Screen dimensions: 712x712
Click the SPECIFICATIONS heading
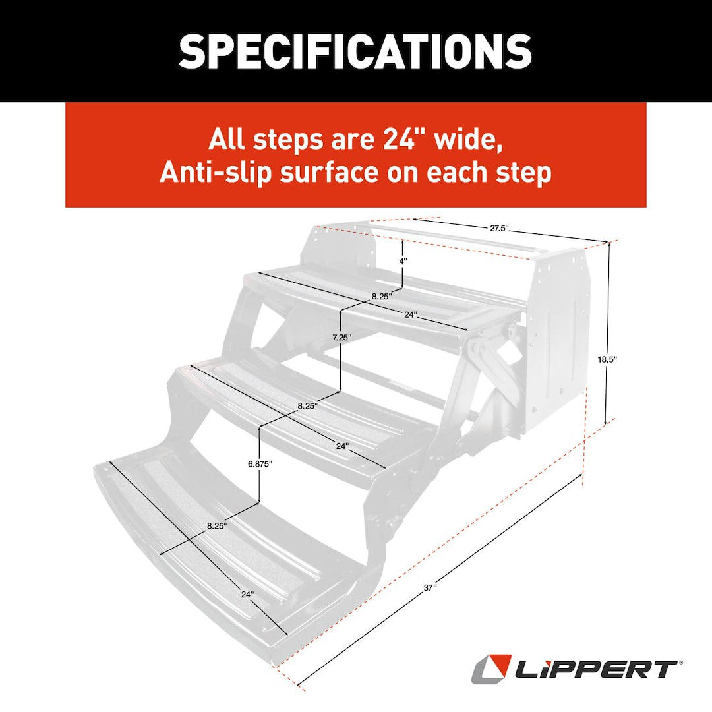click(x=355, y=51)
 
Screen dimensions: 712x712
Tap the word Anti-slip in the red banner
click(x=210, y=173)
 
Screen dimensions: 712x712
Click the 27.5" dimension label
click(x=499, y=229)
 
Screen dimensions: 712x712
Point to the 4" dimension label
click(x=403, y=261)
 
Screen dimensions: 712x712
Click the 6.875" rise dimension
click(x=260, y=463)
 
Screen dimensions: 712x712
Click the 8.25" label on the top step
click(x=381, y=297)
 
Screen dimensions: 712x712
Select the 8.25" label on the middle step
click(x=307, y=406)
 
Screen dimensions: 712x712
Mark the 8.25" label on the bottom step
click(x=216, y=526)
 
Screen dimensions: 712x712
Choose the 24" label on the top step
click(x=411, y=315)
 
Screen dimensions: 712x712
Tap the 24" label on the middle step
click(x=342, y=446)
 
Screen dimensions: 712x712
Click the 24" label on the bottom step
click(x=247, y=594)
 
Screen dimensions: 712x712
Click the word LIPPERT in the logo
click(x=593, y=670)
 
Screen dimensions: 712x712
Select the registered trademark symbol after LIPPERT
click(x=680, y=662)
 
